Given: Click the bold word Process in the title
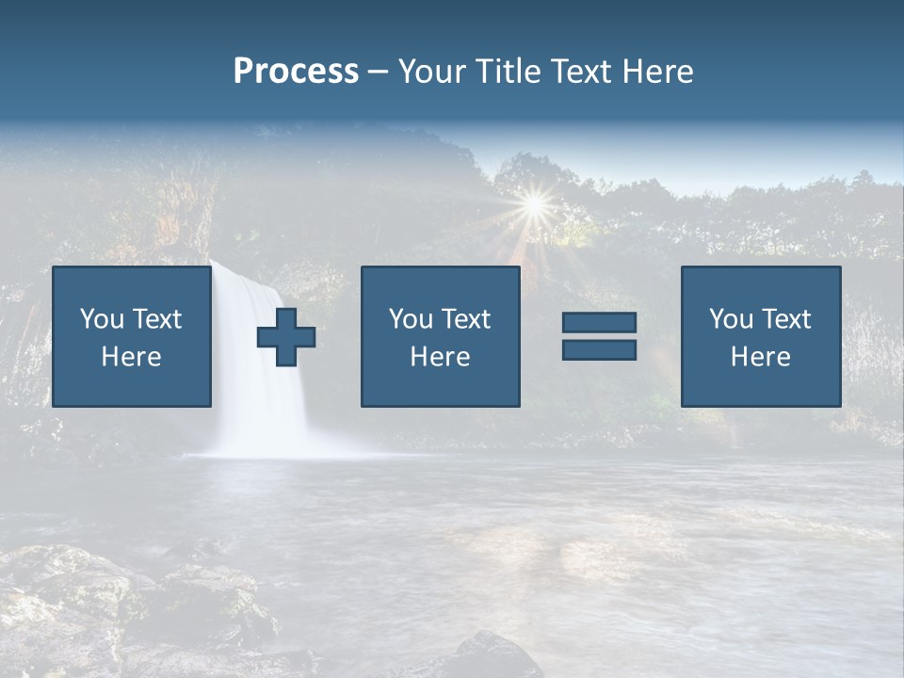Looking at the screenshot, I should (x=296, y=72).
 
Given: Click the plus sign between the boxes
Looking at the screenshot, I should (x=286, y=337).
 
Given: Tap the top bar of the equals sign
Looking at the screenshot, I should (x=599, y=322).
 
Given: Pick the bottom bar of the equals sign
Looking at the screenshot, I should (x=599, y=349).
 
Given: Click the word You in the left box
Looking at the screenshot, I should (x=102, y=319).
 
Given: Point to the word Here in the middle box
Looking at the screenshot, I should (x=440, y=357).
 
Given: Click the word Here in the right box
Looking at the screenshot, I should (x=760, y=357).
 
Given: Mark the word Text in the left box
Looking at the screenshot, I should (x=158, y=319).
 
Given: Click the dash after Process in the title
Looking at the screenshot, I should (x=378, y=72).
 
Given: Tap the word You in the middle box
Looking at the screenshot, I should (x=411, y=319).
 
